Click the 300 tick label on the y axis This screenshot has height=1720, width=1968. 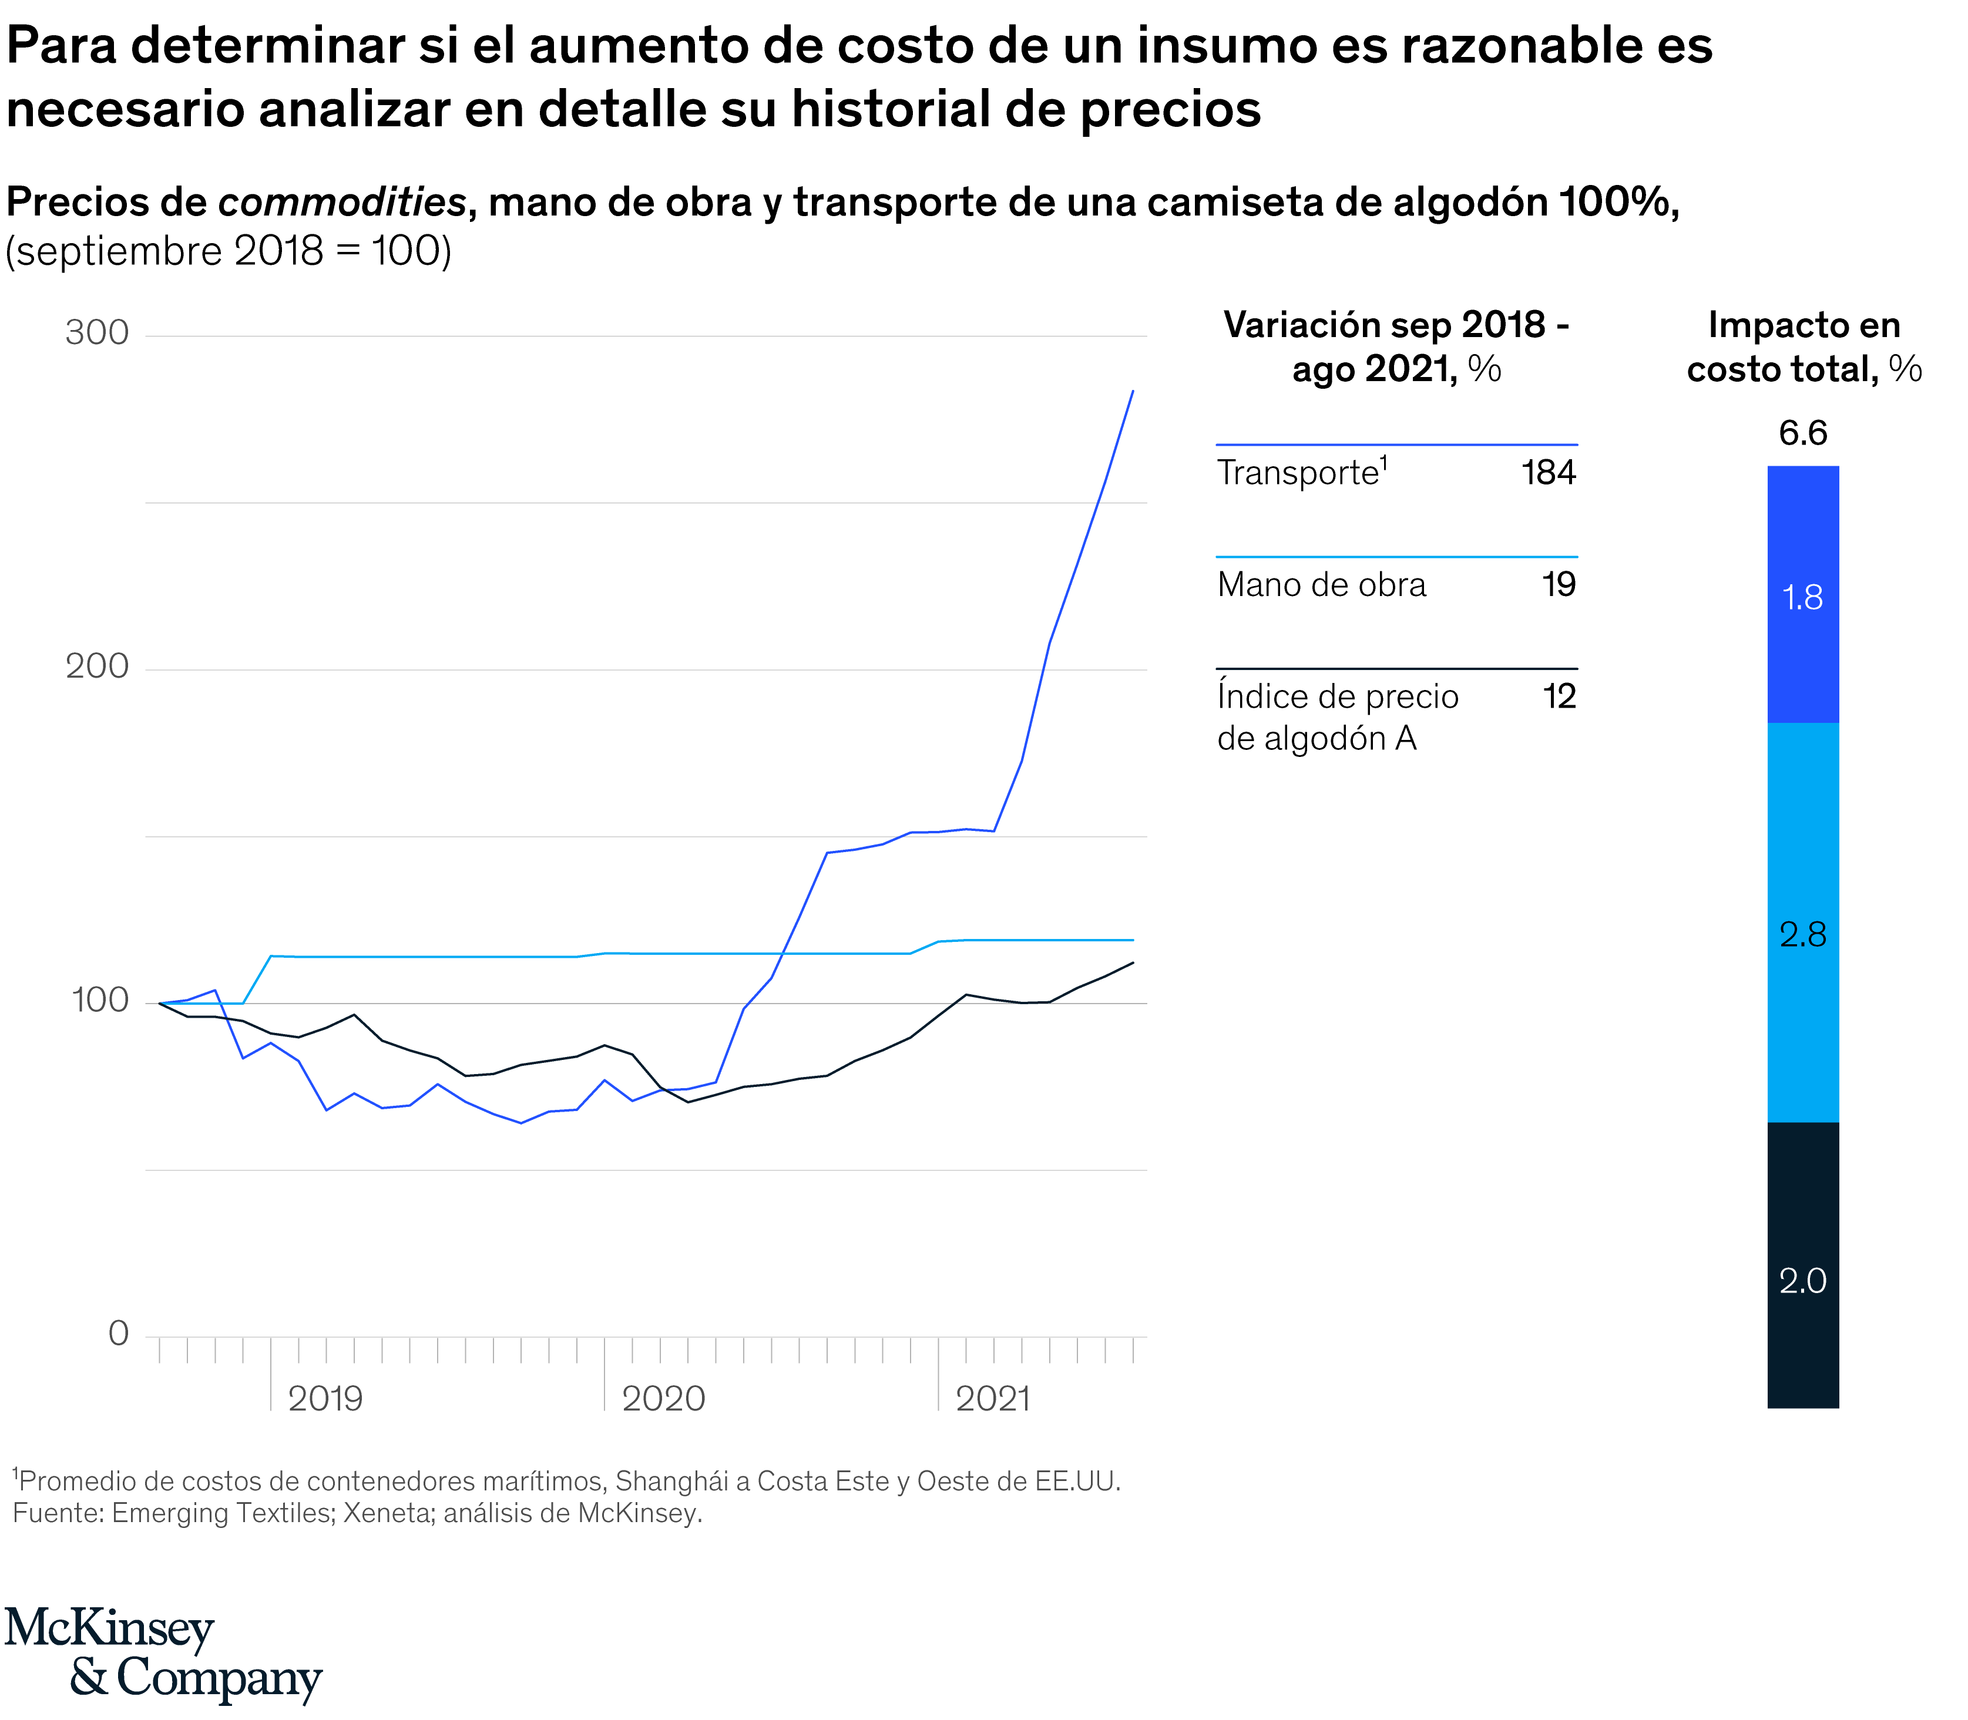tap(97, 333)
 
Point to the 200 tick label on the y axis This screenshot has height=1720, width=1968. tap(97, 666)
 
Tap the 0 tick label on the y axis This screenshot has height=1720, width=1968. tap(118, 1333)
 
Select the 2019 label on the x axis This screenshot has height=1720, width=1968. tap(325, 1398)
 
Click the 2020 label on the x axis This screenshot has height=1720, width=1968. tap(663, 1398)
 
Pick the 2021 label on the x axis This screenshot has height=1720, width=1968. tap(993, 1398)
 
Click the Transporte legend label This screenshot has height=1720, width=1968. tap(1298, 473)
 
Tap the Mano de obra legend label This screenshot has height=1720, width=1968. tap(1321, 584)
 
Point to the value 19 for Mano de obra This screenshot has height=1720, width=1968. tap(1558, 584)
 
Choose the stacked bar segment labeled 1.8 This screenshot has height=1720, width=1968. tap(1802, 595)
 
